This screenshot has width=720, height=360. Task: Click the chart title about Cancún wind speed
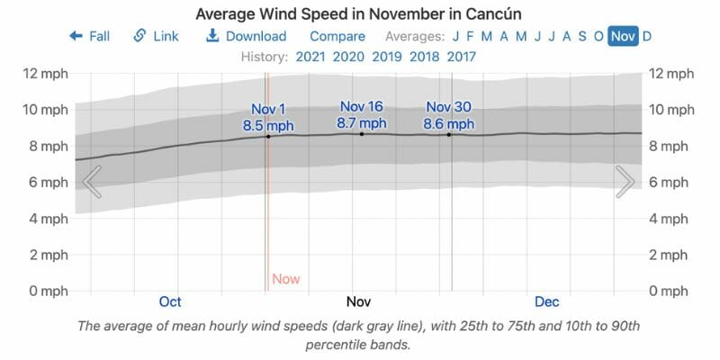point(359,14)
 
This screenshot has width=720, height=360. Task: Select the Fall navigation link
point(89,36)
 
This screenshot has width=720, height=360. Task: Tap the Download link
point(246,36)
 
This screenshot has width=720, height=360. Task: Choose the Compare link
point(337,36)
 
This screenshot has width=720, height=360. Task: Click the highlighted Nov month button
point(622,36)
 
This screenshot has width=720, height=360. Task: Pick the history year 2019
point(386,57)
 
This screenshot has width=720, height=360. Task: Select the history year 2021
point(310,57)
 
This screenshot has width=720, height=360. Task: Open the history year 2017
point(461,57)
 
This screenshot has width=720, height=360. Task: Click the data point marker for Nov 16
point(362,134)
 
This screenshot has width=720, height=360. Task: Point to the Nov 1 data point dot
point(268,136)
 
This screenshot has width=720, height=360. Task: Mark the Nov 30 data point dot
point(449,135)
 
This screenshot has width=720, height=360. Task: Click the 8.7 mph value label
point(362,123)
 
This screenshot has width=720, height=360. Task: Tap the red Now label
point(285,279)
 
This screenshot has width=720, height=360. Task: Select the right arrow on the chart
point(625,182)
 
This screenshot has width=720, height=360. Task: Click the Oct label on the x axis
point(170,301)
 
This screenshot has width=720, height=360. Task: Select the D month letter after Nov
point(647,36)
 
